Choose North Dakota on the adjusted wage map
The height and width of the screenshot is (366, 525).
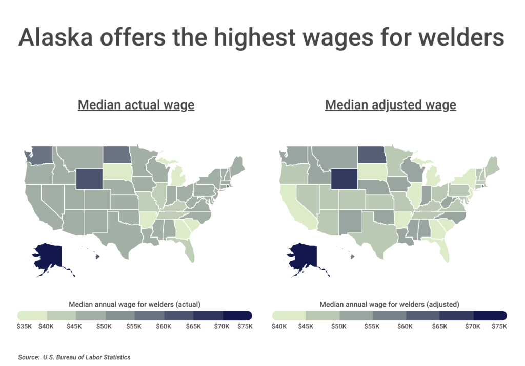[371, 154]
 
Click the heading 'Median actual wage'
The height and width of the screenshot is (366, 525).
[136, 105]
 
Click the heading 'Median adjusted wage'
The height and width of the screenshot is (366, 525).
[390, 105]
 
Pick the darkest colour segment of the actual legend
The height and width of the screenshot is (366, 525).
[237, 315]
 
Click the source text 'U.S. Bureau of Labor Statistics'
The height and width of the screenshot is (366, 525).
[86, 357]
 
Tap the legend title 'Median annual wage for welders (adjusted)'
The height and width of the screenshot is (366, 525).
[389, 304]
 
